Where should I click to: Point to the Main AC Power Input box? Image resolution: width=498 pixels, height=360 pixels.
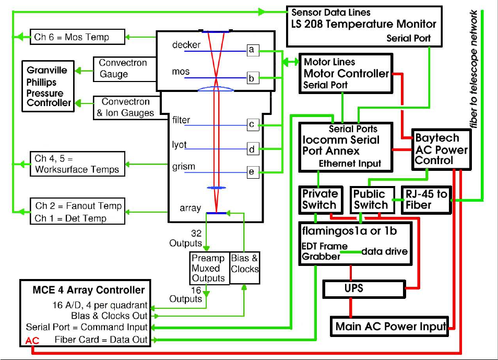coord(390,327)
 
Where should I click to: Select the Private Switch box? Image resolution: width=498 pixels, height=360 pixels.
coord(321,199)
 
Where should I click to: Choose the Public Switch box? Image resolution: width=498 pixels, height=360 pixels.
coord(371,199)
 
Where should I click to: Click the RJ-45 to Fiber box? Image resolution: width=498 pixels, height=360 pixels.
coord(426,199)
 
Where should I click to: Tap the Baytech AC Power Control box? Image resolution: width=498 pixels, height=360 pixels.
coord(441,149)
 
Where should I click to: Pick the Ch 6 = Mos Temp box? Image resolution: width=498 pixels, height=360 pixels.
coord(77,37)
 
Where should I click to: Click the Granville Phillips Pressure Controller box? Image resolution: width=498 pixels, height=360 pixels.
coord(49,86)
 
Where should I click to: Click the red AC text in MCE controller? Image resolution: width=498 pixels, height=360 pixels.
coord(32,341)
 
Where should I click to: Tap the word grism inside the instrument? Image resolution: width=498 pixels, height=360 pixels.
coord(183,167)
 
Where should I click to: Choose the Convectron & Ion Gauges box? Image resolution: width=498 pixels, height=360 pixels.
coord(125,107)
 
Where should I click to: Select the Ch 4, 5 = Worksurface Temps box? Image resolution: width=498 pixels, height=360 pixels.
coord(77,164)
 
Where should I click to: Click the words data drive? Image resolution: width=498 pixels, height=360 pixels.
coord(385,251)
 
